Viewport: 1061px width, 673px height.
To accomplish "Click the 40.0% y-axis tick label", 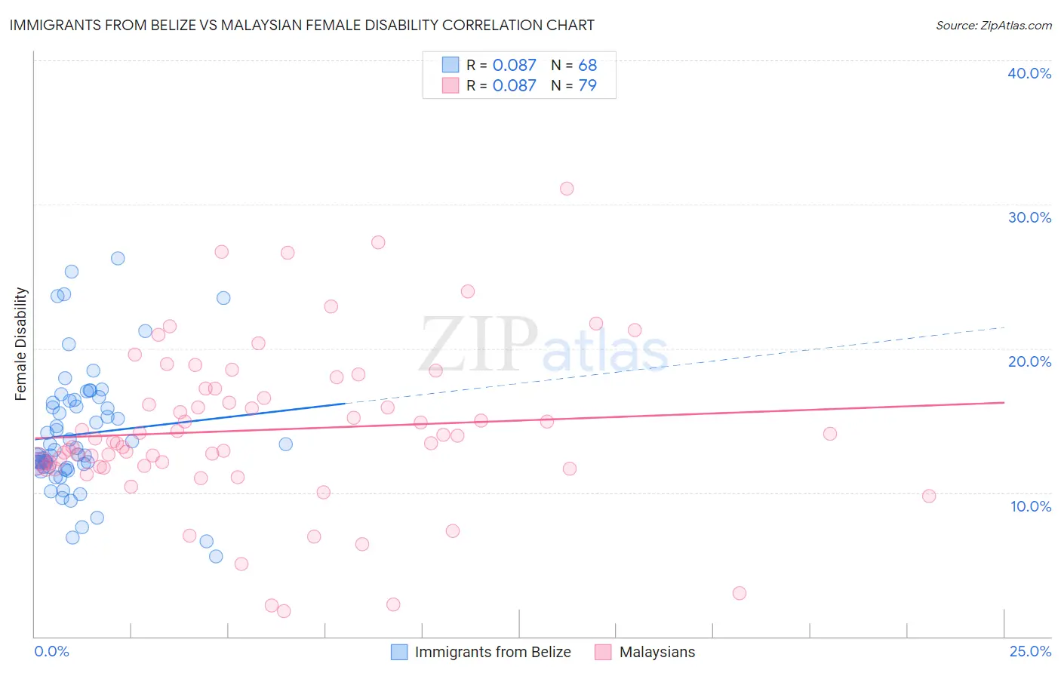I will (x=1029, y=73).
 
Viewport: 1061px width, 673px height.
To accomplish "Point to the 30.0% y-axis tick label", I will (x=1029, y=217).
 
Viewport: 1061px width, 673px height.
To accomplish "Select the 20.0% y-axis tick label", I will (x=1029, y=361).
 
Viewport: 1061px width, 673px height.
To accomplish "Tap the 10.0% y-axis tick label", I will (x=1029, y=506).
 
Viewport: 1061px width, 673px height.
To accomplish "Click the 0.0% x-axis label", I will (x=51, y=651).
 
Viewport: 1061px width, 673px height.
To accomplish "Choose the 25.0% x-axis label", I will (x=1030, y=651).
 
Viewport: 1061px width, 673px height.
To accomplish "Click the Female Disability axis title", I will (x=21, y=343).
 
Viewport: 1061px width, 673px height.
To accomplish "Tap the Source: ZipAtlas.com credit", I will (x=993, y=25).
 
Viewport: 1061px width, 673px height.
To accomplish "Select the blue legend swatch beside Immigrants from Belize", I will (x=399, y=652).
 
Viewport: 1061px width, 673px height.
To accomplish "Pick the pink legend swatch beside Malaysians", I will (x=603, y=652).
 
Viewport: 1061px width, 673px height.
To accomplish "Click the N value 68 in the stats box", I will (x=587, y=65).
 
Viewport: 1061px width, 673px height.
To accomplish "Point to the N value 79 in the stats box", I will (x=587, y=85).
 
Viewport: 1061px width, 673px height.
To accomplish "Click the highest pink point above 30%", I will (x=567, y=189).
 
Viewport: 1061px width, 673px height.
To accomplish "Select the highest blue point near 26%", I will (x=118, y=258).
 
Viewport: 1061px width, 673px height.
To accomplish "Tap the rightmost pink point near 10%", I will (x=929, y=496).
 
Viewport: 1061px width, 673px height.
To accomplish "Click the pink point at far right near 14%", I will (x=830, y=433).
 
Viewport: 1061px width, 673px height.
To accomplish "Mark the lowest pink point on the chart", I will (x=284, y=611).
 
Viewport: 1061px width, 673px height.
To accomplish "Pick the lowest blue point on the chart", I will (x=216, y=556).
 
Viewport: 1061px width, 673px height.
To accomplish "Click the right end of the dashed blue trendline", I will (x=1004, y=327).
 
